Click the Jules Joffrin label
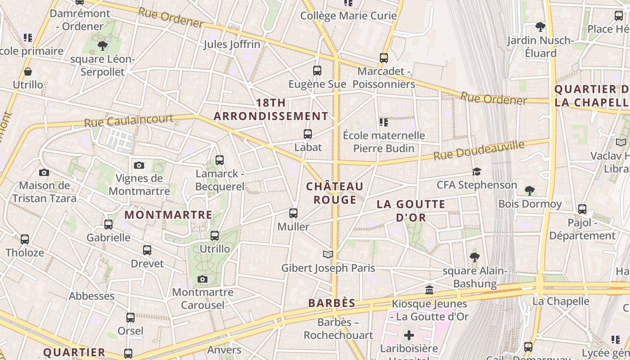click(232, 44)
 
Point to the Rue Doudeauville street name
click(479, 150)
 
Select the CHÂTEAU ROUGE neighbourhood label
click(335, 193)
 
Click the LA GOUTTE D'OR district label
click(411, 211)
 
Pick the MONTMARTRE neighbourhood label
click(168, 215)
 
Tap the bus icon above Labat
click(308, 134)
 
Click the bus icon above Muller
click(293, 213)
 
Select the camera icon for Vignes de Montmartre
click(139, 165)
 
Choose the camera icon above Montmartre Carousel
click(202, 279)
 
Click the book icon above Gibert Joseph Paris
click(328, 255)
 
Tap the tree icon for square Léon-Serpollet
click(103, 45)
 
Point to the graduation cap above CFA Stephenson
click(477, 171)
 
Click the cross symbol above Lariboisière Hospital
click(409, 335)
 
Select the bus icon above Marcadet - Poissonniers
click(384, 58)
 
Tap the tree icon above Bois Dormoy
click(530, 191)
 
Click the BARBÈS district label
click(332, 303)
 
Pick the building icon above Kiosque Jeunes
click(429, 290)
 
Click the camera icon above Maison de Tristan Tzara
click(44, 172)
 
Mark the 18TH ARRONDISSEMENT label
click(271, 109)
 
